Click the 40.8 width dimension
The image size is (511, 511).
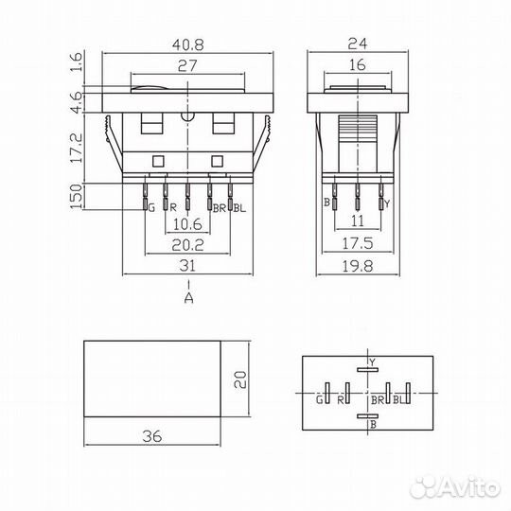coord(188,44)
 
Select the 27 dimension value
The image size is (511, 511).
coord(187,66)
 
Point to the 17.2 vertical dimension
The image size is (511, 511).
coord(77,149)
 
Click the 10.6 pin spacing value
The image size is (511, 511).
coord(187,224)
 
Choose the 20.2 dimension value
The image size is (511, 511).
coord(187,245)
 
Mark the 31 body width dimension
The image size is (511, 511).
coord(187,266)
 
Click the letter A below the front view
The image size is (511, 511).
coord(188,297)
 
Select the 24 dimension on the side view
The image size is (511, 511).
coord(358,44)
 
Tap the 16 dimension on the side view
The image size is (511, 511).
coord(358,65)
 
